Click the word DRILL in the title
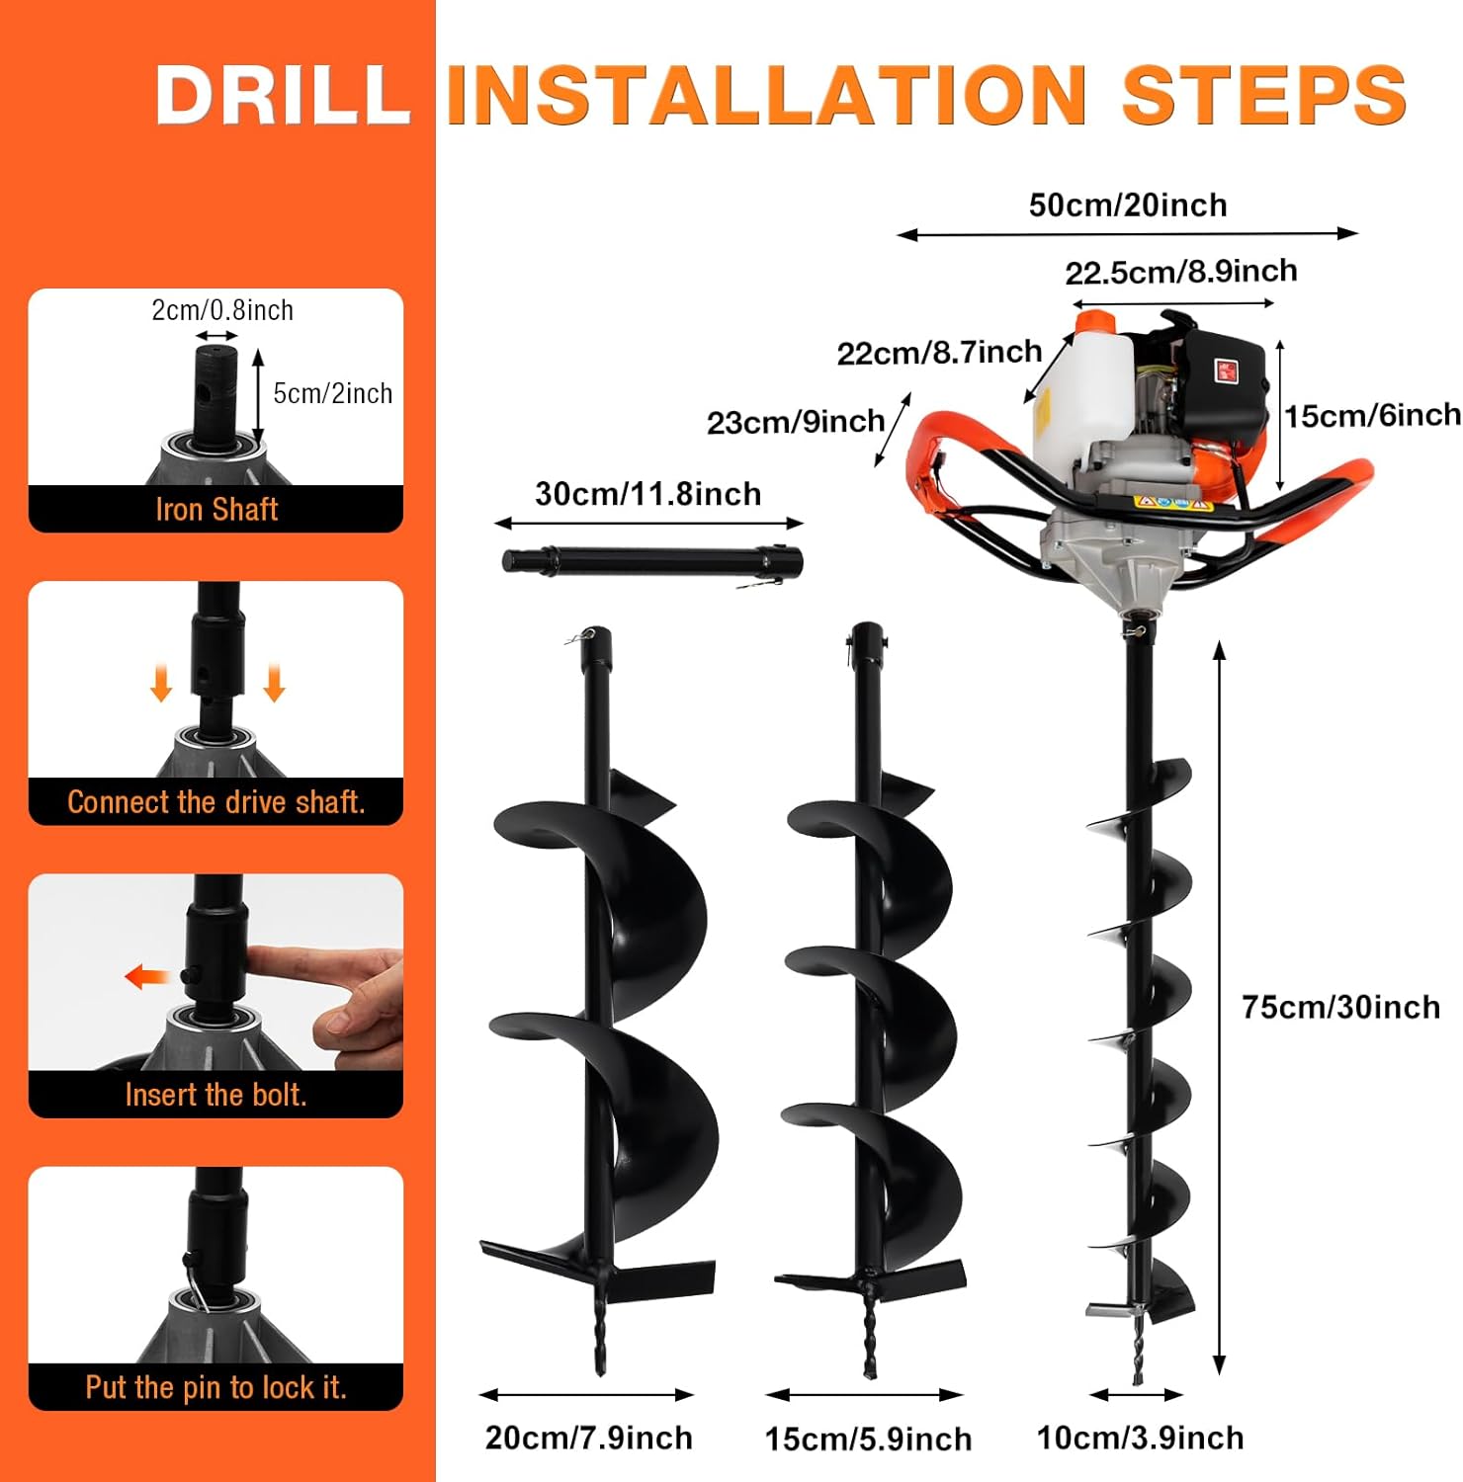283,95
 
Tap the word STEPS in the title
1264,95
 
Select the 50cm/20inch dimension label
1128,205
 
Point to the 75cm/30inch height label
1340,1007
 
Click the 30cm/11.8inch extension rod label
648,493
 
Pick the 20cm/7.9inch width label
589,1438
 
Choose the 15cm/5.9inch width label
868,1439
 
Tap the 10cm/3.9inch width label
1140,1438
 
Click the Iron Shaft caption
216,509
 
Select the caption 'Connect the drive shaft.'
216,801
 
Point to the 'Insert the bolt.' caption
216,1095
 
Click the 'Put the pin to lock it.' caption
216,1387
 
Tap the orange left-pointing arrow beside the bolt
147,977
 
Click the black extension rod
652,562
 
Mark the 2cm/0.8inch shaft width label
222,310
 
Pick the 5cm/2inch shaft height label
332,393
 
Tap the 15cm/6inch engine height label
1372,415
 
